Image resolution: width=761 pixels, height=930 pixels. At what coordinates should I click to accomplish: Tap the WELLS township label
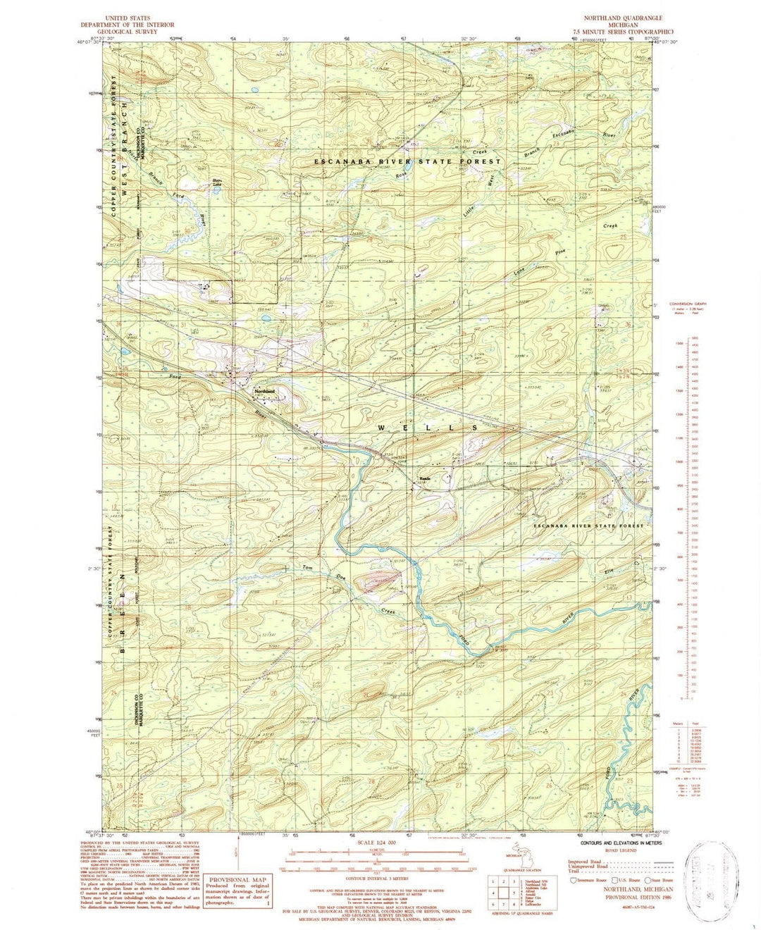pos(428,428)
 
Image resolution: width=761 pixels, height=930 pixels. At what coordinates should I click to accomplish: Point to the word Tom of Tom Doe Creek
pos(307,567)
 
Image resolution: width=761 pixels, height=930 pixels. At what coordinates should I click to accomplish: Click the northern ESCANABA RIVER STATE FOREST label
pos(407,161)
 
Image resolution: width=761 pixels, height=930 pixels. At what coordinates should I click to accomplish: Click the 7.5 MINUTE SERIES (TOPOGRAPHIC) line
pos(623,32)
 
